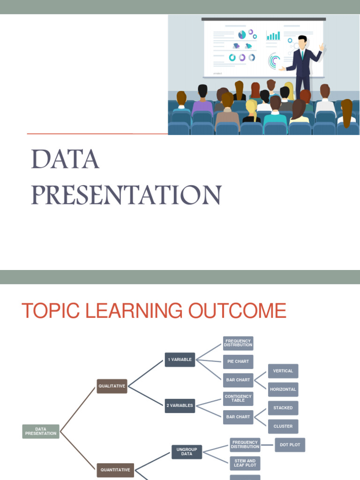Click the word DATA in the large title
tap(65, 160)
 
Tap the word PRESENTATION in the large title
tap(126, 195)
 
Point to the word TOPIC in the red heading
tap(52, 311)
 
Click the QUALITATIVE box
tap(112, 386)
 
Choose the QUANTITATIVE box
tap(115, 470)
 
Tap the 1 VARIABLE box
tap(180, 360)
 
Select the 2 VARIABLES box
tap(180, 405)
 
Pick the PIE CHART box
tap(238, 361)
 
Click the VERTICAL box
tap(283, 371)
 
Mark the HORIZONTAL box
tap(283, 389)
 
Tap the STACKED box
tap(283, 408)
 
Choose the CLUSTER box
tap(283, 426)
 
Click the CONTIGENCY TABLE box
tap(238, 398)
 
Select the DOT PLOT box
tap(290, 445)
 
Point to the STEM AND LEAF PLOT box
tap(245, 463)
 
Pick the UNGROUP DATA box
tap(187, 452)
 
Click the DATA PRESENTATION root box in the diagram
tap(41, 431)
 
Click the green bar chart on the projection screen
tap(273, 36)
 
